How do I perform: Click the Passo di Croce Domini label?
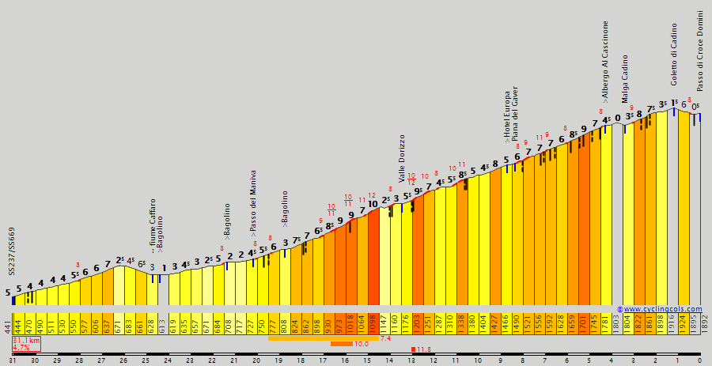click(x=700, y=51)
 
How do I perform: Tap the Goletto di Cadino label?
click(x=675, y=55)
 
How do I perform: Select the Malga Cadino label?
click(x=625, y=79)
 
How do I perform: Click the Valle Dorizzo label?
click(x=402, y=158)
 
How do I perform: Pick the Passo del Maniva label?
click(x=253, y=203)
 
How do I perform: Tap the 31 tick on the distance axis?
click(x=13, y=360)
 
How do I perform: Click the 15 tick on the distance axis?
click(x=367, y=360)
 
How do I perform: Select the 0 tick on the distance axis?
click(x=699, y=360)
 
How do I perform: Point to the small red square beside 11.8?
click(x=413, y=349)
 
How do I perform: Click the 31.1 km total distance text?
click(x=25, y=340)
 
